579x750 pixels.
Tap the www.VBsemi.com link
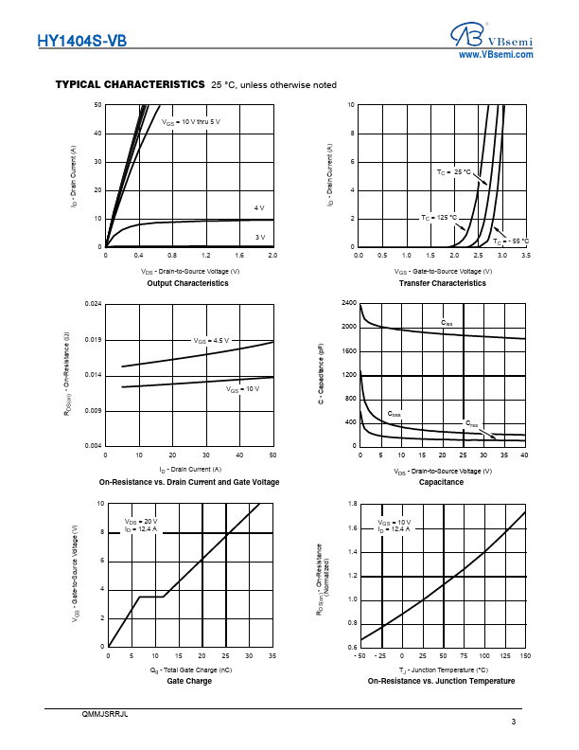click(x=496, y=56)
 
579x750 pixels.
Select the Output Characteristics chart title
click(x=187, y=283)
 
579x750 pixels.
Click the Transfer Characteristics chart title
click(x=442, y=283)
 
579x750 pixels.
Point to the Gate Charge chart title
click(x=189, y=681)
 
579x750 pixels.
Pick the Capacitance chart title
click(x=441, y=482)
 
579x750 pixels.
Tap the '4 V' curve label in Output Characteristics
click(x=259, y=207)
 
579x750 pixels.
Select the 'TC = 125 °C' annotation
click(x=439, y=218)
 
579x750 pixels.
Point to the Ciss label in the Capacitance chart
click(x=447, y=324)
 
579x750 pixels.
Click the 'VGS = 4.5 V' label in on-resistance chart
click(x=211, y=340)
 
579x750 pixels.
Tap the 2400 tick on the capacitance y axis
click(x=349, y=303)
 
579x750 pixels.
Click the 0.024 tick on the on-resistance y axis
click(x=93, y=303)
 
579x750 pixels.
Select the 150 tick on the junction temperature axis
click(x=525, y=655)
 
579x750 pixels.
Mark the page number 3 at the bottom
click(x=513, y=723)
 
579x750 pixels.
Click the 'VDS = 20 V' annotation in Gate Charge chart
click(x=141, y=522)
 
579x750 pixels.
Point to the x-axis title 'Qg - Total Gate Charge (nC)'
click(x=189, y=670)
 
